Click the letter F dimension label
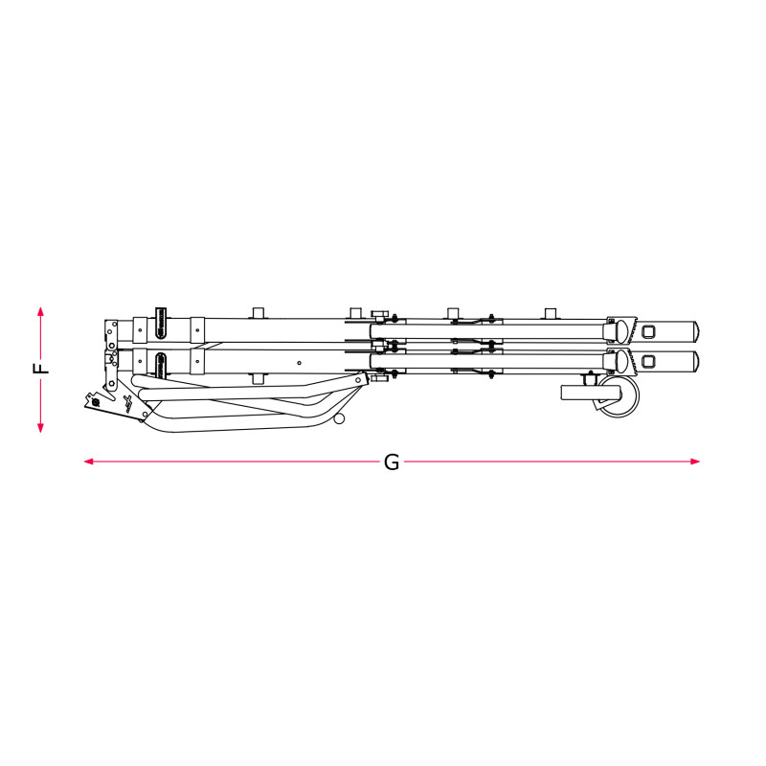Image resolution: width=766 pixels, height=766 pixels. pyautogui.click(x=41, y=369)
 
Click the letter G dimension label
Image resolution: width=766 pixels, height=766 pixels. pyautogui.click(x=392, y=462)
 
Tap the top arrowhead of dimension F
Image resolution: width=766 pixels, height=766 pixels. pyautogui.click(x=40, y=311)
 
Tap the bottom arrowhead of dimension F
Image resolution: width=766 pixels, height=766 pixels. pyautogui.click(x=40, y=428)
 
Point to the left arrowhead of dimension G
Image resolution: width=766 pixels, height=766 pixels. pyautogui.click(x=89, y=462)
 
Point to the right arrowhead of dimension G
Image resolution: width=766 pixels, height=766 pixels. pyautogui.click(x=695, y=462)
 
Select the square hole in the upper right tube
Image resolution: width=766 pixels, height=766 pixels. pyautogui.click(x=648, y=331)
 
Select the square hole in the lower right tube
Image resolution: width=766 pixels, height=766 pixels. pyautogui.click(x=648, y=362)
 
